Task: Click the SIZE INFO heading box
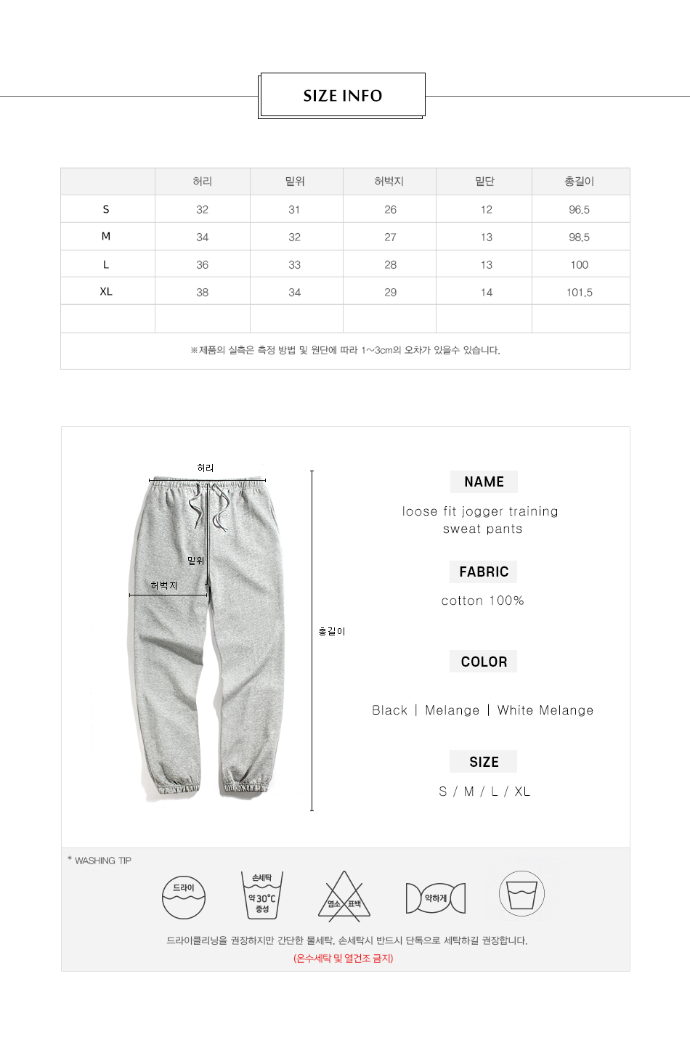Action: tap(342, 95)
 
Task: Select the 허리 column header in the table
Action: tap(202, 182)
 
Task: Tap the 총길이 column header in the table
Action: tap(579, 182)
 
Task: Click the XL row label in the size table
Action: tap(106, 291)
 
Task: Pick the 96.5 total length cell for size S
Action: tap(579, 210)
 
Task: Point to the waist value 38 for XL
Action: tap(202, 293)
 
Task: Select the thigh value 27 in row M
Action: tap(390, 237)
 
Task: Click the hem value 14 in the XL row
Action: tap(486, 293)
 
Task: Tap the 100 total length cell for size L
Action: tap(579, 265)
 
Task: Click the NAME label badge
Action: tap(484, 481)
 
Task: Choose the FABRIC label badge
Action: tap(484, 572)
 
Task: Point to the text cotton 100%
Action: tap(482, 601)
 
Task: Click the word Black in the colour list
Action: tap(389, 710)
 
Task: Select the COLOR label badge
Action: tap(484, 662)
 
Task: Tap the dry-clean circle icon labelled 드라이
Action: tap(184, 898)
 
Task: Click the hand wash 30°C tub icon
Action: tap(261, 895)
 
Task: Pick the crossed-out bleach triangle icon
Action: tap(344, 898)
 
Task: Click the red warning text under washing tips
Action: tap(344, 959)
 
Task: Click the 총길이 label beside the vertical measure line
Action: tap(332, 632)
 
